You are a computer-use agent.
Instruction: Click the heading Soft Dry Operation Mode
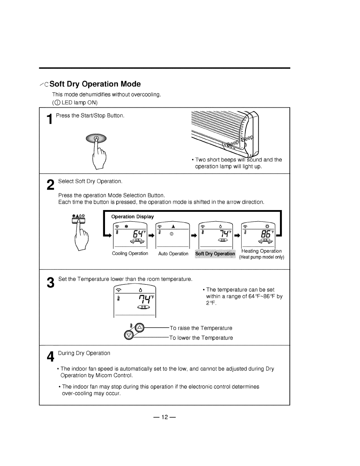95,84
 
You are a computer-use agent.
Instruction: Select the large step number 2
50,185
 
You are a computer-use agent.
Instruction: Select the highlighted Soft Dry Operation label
215,254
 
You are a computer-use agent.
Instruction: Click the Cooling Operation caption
130,254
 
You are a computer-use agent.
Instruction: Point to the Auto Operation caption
173,254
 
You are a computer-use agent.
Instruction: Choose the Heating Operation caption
261,251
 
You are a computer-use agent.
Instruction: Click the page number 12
164,417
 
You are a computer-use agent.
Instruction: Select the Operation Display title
132,217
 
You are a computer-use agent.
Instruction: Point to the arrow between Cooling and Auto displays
152,235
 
